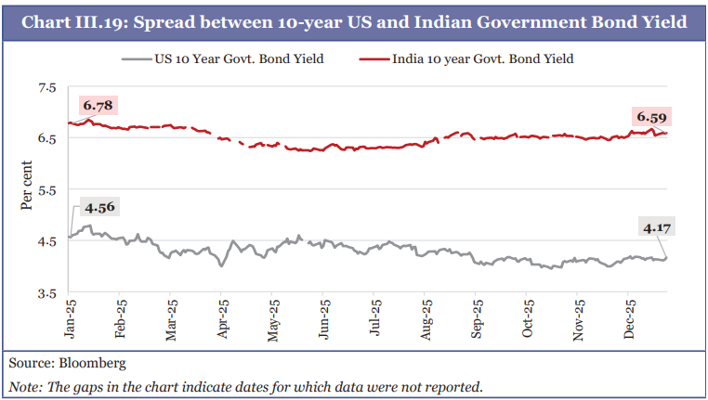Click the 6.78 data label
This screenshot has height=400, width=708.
98,106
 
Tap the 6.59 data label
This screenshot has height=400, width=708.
651,117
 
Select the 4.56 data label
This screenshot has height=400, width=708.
98,207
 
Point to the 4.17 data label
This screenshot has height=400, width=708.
655,226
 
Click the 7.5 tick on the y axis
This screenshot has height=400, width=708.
46,88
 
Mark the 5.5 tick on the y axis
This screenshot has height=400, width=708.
46,190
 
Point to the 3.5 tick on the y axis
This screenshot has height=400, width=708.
46,292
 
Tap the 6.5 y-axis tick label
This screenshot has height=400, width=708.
46,139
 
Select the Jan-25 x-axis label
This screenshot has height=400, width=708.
71,316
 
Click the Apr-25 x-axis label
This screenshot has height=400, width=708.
223,316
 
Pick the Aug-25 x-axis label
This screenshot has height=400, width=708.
426,316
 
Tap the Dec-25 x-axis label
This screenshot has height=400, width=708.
629,316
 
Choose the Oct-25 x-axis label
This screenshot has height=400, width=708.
528,316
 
